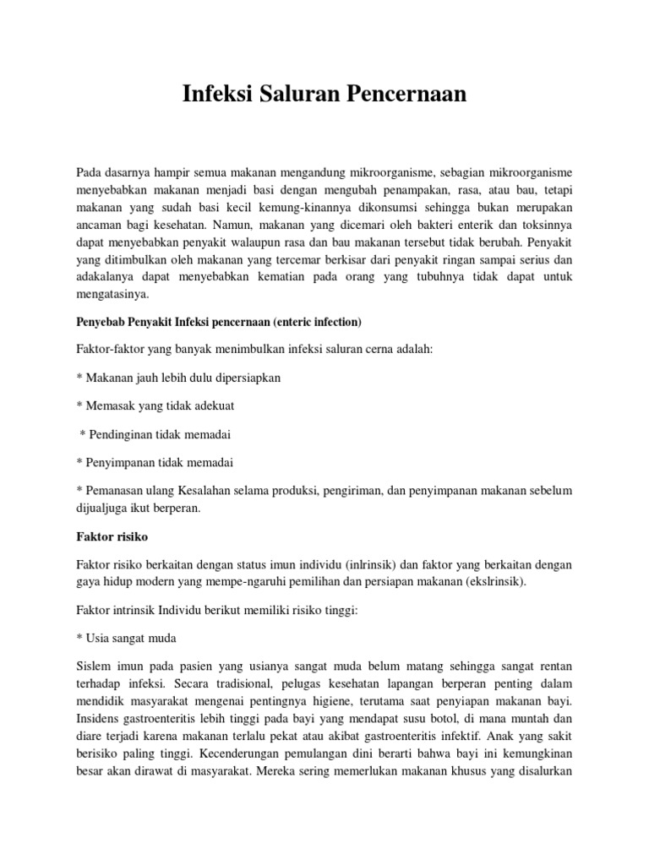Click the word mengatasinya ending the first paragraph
point(112,294)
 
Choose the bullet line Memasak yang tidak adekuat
point(155,405)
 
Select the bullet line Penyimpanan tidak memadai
point(155,462)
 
